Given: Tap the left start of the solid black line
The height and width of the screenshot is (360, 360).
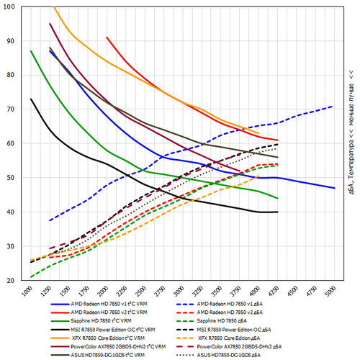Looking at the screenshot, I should (31, 99).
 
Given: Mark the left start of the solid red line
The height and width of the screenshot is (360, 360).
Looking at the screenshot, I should (107, 37).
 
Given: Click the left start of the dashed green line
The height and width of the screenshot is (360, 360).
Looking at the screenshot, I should (31, 276).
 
